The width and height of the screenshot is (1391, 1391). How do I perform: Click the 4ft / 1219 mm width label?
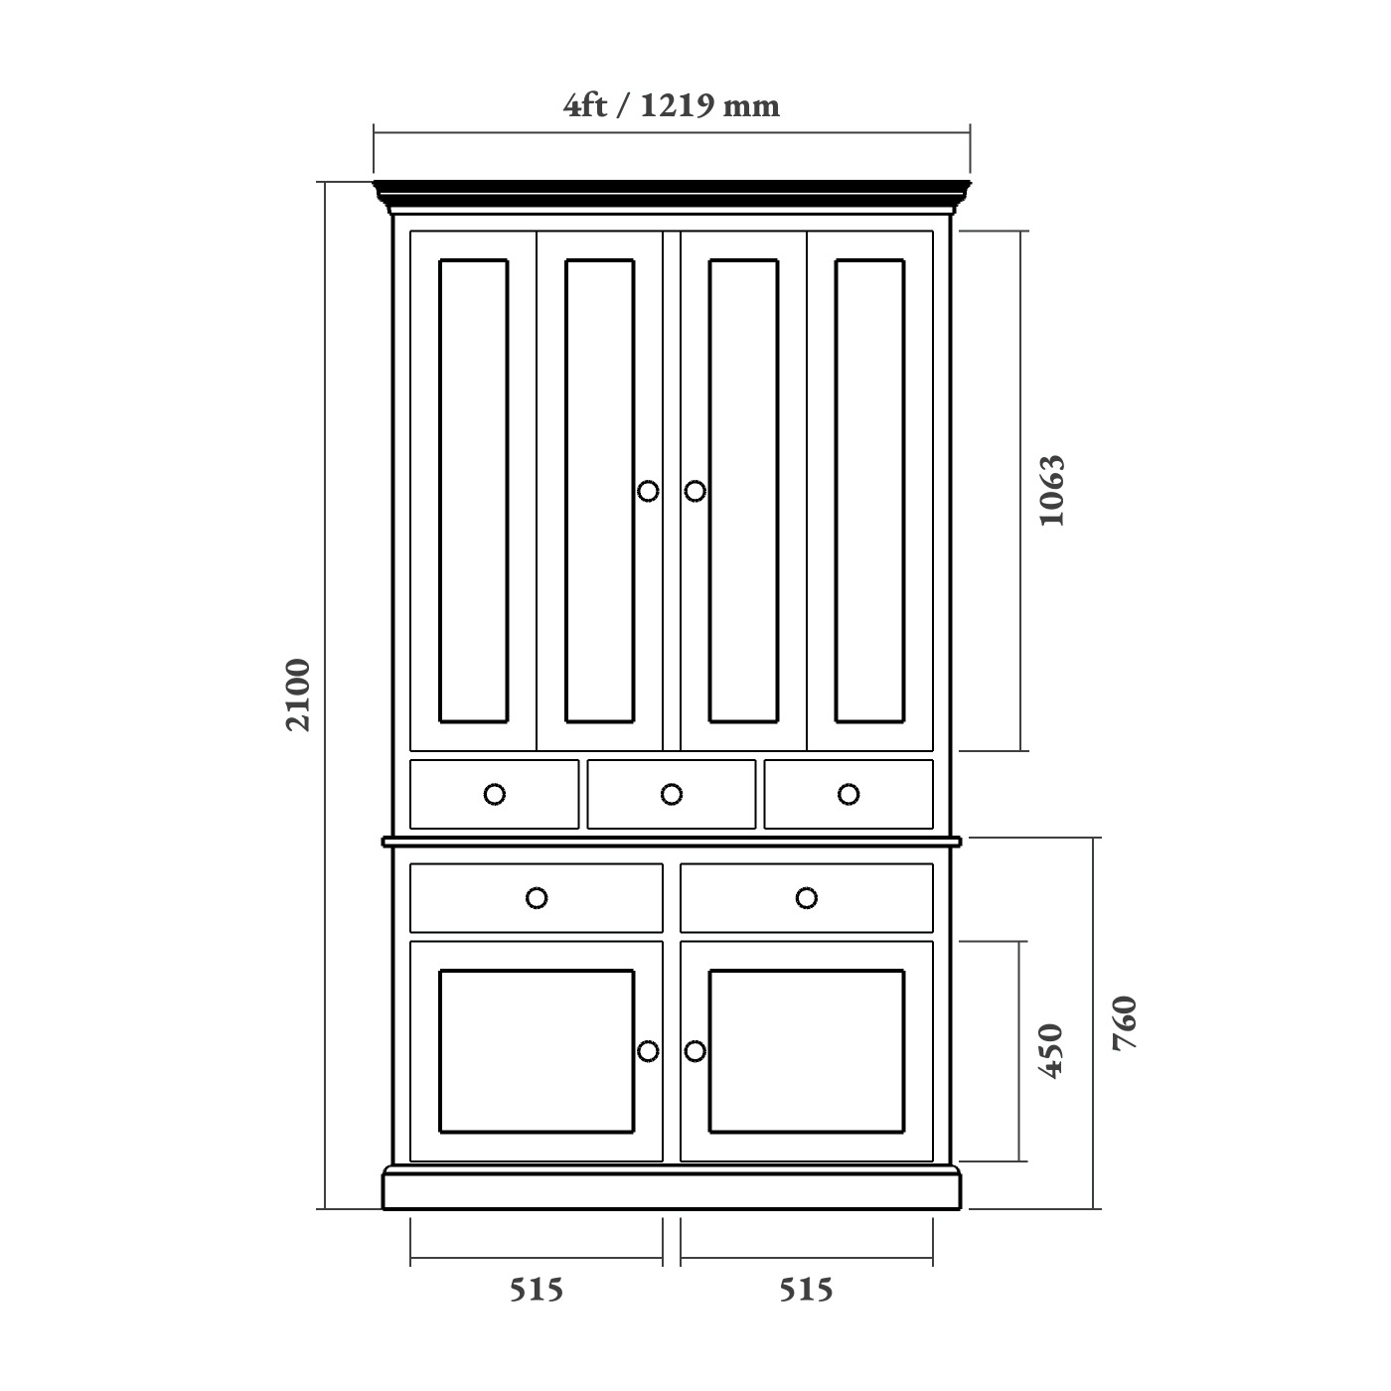click(x=672, y=105)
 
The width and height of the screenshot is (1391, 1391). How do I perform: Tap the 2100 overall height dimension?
click(x=298, y=695)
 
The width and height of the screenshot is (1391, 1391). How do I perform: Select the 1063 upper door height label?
click(x=1051, y=491)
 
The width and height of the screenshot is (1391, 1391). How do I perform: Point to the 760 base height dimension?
click(x=1125, y=1023)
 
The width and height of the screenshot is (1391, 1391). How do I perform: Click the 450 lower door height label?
click(x=1051, y=1050)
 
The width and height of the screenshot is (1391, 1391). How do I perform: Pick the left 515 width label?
click(x=537, y=1290)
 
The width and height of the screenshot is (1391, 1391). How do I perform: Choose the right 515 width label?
click(x=806, y=1290)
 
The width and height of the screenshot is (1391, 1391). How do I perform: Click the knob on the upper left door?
click(x=648, y=491)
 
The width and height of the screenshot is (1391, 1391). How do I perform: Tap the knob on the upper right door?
click(x=695, y=491)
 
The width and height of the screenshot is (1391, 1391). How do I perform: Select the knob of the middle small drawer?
click(x=672, y=794)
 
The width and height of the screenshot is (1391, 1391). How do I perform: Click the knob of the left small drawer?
click(x=495, y=794)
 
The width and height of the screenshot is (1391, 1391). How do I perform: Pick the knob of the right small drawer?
click(x=849, y=794)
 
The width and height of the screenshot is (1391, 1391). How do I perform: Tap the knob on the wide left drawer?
click(x=537, y=898)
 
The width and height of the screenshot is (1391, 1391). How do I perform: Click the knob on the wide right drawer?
click(x=807, y=898)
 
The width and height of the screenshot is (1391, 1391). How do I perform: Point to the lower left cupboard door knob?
click(x=648, y=1051)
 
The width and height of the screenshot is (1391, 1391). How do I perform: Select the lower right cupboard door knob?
click(x=695, y=1051)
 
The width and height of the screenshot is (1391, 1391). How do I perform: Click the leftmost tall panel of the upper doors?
click(x=474, y=491)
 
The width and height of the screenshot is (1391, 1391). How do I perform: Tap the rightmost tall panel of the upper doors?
click(x=870, y=491)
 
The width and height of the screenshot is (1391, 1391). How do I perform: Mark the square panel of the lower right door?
click(x=807, y=1051)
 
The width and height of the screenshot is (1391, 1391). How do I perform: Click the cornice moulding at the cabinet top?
click(x=672, y=195)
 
